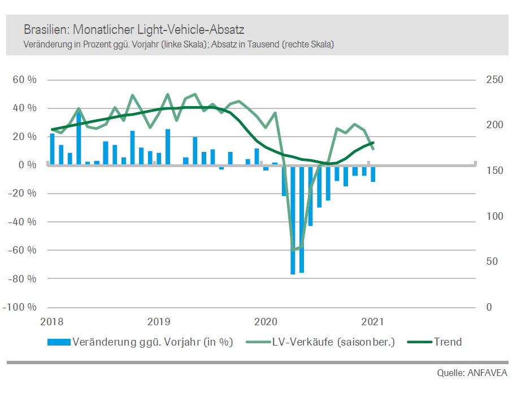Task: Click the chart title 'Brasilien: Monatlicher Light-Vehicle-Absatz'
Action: [x=134, y=29]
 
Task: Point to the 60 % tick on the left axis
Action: [x=25, y=80]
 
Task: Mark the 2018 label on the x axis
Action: [x=53, y=322]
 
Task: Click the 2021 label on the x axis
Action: [x=373, y=322]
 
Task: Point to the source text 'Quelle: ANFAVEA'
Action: [x=472, y=373]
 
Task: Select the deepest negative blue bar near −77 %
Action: [x=293, y=220]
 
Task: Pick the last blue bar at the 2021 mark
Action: [x=373, y=173]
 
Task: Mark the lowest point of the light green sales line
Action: [x=293, y=249]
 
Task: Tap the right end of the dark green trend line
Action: [x=373, y=143]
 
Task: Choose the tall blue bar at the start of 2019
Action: [x=168, y=147]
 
